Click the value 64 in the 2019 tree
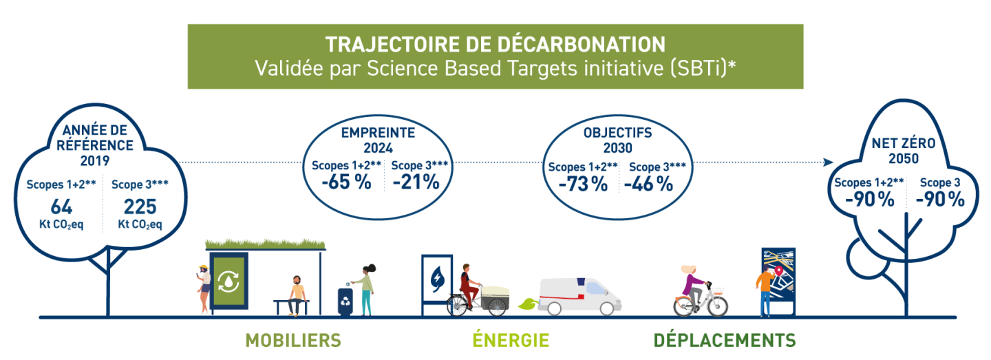coord(61,207)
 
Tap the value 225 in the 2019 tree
coord(140,207)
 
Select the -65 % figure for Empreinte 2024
coord(346,182)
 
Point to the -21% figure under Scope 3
coord(416,182)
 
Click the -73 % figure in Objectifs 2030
coord(583,184)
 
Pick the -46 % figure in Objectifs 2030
coord(648,184)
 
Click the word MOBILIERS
coord(293,341)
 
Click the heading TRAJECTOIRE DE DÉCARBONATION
coord(495,44)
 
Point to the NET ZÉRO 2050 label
coord(904,151)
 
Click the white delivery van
coord(580,296)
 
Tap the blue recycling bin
coord(345,301)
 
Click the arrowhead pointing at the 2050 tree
coord(828,162)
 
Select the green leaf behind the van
coord(528,304)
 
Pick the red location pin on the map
coord(779,270)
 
